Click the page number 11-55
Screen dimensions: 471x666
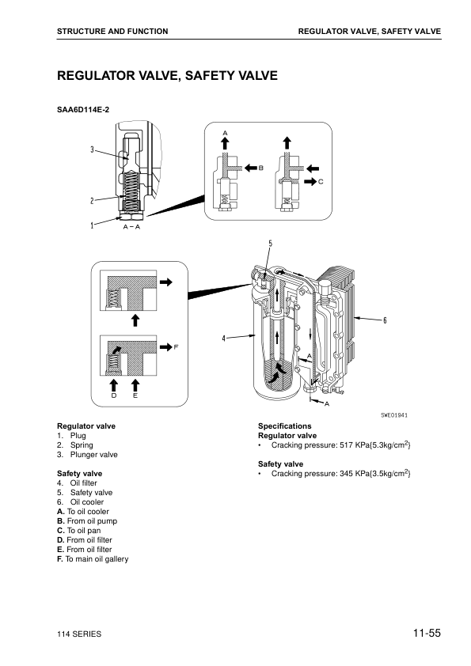[x=427, y=633]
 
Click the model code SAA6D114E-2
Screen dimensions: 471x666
[x=83, y=110]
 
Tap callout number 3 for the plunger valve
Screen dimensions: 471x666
[x=92, y=149]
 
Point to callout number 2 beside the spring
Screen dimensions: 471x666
[x=92, y=200]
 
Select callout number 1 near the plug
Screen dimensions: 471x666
[x=92, y=225]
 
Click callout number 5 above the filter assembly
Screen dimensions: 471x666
[x=271, y=244]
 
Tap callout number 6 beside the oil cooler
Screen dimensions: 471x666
[x=386, y=320]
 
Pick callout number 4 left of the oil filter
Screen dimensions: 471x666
[x=223, y=339]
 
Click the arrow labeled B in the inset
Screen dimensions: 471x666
[x=251, y=168]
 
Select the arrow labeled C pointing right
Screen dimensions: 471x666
[x=310, y=181]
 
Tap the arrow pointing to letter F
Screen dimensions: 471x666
[x=165, y=347]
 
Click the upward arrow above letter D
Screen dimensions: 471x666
[x=113, y=385]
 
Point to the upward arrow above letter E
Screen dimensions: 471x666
[x=135, y=385]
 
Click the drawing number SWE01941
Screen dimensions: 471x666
[x=394, y=415]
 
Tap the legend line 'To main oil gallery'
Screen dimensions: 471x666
[x=97, y=559]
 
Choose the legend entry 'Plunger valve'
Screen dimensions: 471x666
[x=94, y=455]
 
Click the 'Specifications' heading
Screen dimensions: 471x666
[x=285, y=426]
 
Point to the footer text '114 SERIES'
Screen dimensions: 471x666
[x=79, y=634]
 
